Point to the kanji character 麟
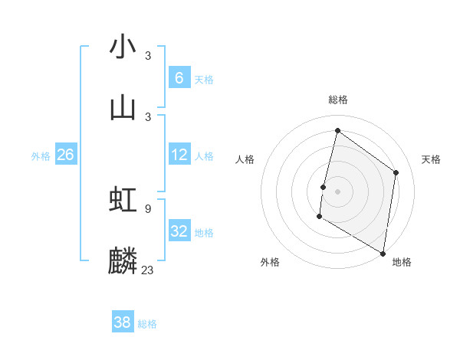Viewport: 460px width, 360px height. [x=123, y=260]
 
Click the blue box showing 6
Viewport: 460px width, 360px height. [x=179, y=77]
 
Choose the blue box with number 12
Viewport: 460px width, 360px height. [x=179, y=155]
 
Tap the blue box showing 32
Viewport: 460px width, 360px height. [x=179, y=231]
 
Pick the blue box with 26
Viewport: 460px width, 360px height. [x=65, y=155]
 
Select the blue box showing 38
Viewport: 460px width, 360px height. [x=123, y=322]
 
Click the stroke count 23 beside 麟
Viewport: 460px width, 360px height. [x=148, y=270]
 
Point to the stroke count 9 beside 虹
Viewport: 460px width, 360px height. [x=148, y=208]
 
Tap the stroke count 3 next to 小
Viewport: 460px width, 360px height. [x=148, y=55]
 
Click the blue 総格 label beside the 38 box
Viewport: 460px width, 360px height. [x=147, y=324]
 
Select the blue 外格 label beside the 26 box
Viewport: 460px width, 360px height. [x=41, y=156]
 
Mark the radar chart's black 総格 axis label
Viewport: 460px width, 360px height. [x=337, y=100]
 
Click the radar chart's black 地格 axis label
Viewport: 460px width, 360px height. [x=402, y=262]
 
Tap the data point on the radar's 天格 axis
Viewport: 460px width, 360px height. [x=396, y=172]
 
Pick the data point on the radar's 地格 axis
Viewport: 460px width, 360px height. [x=383, y=253]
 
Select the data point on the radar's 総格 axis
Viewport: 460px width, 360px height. [x=337, y=130]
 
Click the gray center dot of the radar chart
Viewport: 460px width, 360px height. [x=337, y=191]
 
